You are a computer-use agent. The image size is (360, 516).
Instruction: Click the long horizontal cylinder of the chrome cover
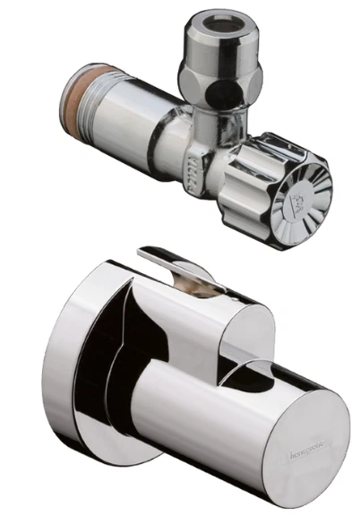197,412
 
